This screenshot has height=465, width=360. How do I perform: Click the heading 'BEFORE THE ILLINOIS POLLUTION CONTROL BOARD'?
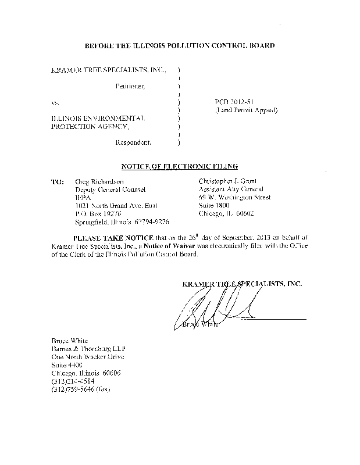pos(180,45)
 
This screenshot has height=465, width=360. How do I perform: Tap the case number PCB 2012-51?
pos(231,102)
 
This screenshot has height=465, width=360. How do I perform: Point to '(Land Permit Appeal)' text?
pos(246,110)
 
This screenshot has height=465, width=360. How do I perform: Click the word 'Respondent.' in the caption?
pos(134,142)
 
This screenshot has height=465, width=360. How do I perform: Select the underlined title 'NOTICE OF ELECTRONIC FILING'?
pos(180,166)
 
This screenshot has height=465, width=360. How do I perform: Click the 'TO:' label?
pos(58,181)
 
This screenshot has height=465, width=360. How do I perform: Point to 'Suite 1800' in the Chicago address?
pos(214,205)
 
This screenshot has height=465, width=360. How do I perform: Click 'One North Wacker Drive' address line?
pos(87,357)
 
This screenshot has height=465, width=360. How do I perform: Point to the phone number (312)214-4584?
pos(76,381)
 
